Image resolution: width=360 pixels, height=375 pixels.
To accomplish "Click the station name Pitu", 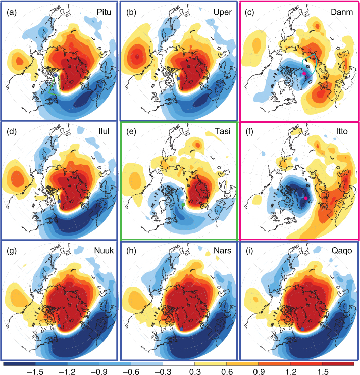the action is (x=104, y=12).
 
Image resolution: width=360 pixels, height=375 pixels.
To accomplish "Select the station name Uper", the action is (x=223, y=12).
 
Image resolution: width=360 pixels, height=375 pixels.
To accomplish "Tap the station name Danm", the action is (x=342, y=12).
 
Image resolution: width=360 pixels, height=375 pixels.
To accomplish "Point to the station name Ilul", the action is (x=104, y=131).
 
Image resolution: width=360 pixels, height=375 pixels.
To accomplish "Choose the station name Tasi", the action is (x=222, y=131).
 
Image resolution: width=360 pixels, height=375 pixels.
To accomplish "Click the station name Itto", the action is (x=342, y=131).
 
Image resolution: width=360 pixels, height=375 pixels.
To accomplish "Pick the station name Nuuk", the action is (x=104, y=250).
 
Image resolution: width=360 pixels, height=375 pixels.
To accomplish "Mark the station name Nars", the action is (x=222, y=250).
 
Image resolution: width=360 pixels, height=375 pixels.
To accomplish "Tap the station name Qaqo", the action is (x=342, y=251).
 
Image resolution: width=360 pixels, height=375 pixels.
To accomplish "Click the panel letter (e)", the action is (x=131, y=131).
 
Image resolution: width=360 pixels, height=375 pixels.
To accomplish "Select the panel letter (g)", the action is (x=12, y=251).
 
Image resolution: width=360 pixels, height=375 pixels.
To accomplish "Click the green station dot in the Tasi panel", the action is (x=183, y=205).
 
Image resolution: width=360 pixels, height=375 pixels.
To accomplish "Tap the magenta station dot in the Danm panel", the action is (x=304, y=73).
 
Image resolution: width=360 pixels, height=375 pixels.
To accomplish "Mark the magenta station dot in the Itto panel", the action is (x=306, y=198).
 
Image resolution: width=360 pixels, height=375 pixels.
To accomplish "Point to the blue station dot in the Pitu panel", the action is (x=56, y=75).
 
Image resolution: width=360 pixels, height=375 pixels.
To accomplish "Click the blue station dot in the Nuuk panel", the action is (x=59, y=326).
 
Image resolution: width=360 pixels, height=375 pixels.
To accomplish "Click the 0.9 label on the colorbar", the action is (x=259, y=371).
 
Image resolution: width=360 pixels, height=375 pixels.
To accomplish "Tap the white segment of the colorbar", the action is (x=179, y=364).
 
